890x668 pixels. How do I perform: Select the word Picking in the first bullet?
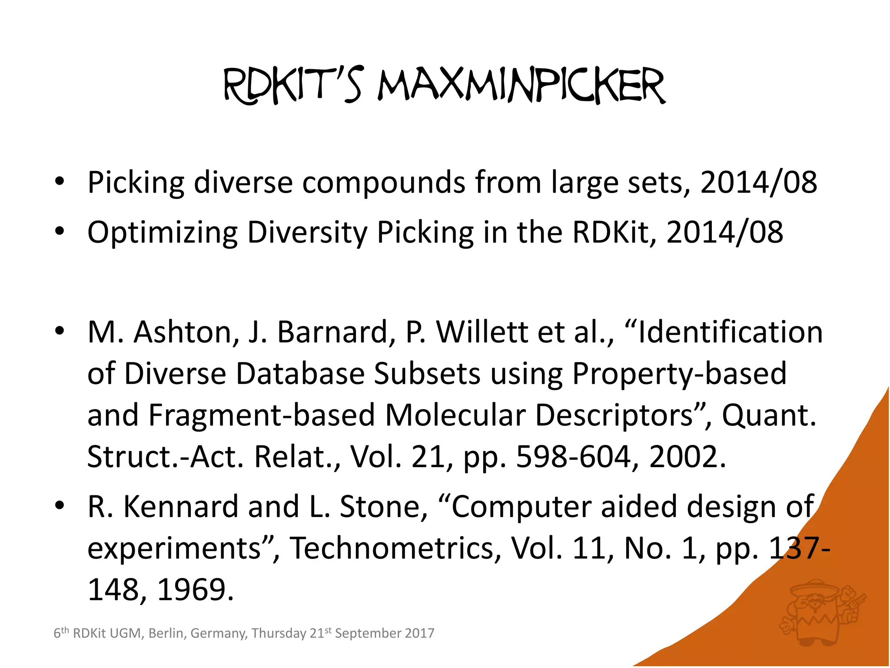click(x=136, y=183)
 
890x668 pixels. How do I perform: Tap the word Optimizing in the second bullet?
click(x=162, y=233)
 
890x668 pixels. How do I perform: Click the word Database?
click(x=300, y=374)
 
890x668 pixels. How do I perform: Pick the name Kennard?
click(x=180, y=507)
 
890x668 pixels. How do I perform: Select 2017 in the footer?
click(x=419, y=633)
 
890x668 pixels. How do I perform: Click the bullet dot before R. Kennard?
click(x=60, y=506)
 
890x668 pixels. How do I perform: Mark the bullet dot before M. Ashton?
click(x=60, y=331)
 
